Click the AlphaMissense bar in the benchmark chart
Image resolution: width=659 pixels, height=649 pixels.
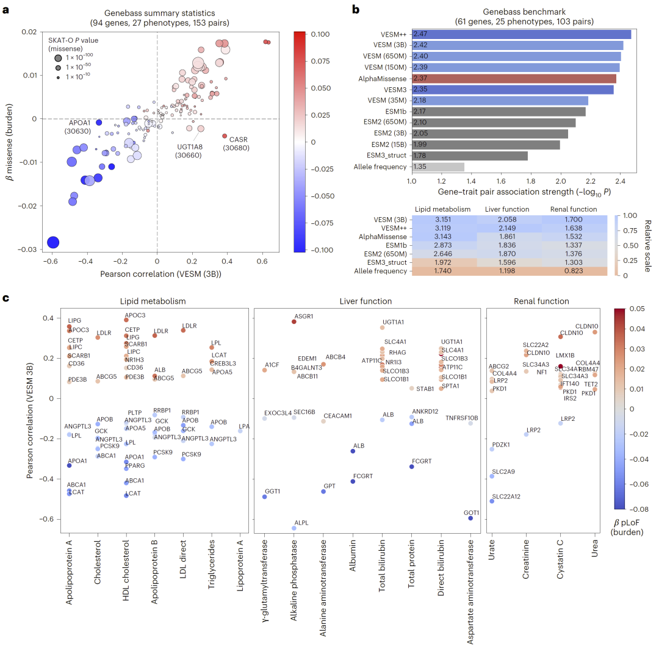pyautogui.click(x=513, y=78)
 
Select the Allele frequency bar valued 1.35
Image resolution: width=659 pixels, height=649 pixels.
pyautogui.click(x=437, y=167)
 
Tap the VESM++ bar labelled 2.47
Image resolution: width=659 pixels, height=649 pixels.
pyautogui.click(x=521, y=34)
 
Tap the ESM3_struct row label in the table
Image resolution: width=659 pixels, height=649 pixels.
pyautogui.click(x=386, y=262)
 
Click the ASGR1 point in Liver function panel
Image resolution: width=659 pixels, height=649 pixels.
pyautogui.click(x=293, y=321)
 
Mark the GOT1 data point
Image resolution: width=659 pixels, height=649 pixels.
pyautogui.click(x=470, y=518)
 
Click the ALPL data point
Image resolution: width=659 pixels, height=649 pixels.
pyautogui.click(x=293, y=528)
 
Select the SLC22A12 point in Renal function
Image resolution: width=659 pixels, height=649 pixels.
pyautogui.click(x=492, y=501)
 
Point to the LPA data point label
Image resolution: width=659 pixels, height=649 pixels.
pyautogui.click(x=244, y=426)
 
